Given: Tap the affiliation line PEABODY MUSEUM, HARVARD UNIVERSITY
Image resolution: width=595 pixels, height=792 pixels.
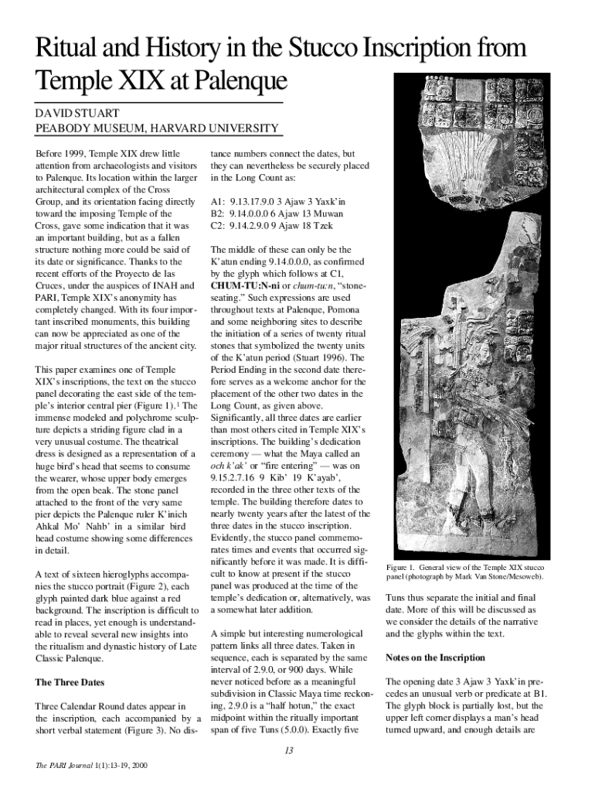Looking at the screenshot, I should [157, 128].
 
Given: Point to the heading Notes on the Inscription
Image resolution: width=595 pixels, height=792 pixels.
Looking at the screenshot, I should [435, 658].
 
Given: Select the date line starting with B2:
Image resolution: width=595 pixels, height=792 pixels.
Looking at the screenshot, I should [279, 214].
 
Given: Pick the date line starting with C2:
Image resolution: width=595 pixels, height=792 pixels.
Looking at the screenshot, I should [272, 227].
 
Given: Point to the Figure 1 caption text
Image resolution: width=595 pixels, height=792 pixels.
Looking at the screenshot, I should [466, 572].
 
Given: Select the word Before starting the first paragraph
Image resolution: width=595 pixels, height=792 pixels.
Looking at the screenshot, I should [52, 154].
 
